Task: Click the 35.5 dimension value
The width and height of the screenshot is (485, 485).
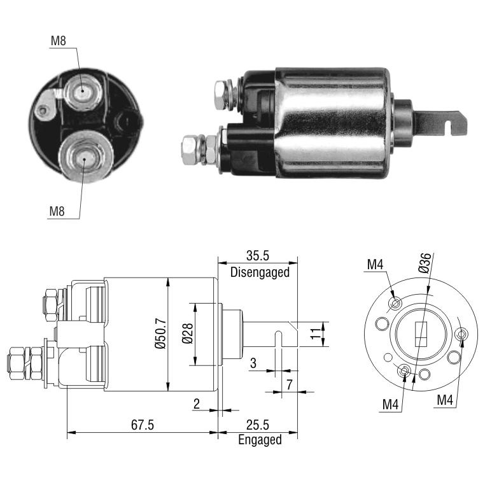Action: [x=258, y=256]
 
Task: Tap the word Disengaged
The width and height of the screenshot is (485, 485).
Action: [x=260, y=272]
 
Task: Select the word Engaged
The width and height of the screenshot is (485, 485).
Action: [x=260, y=440]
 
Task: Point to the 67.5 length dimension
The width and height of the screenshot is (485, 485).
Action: [x=143, y=425]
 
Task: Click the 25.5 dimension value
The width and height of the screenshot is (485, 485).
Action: [x=258, y=425]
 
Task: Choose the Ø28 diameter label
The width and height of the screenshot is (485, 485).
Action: [x=187, y=334]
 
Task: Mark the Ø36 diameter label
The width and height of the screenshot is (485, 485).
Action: [x=425, y=263]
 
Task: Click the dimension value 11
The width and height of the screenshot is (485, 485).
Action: [x=316, y=334]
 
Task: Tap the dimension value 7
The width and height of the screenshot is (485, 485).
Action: [x=289, y=384]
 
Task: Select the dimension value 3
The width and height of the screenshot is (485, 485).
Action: [x=253, y=363]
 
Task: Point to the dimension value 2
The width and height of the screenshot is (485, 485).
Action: [x=197, y=404]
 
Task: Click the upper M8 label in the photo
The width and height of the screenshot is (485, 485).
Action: [x=59, y=41]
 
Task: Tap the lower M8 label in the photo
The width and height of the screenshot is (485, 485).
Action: [x=57, y=211]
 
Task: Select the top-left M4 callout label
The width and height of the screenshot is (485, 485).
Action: [x=375, y=265]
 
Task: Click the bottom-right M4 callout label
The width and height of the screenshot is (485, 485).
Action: [x=445, y=400]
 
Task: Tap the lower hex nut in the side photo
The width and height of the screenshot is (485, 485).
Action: [x=191, y=150]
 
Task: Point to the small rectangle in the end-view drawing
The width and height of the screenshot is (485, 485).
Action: [x=421, y=334]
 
